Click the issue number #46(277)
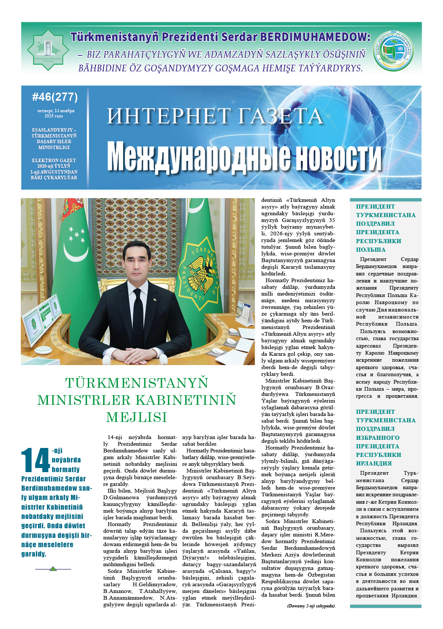(x=55, y=97)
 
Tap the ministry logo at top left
(x=48, y=50)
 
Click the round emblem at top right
(x=393, y=50)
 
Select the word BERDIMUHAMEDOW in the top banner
(x=315, y=37)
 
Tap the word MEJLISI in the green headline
(x=137, y=417)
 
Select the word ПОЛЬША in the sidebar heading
(x=370, y=249)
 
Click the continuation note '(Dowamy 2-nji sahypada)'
(x=311, y=606)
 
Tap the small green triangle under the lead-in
(x=53, y=569)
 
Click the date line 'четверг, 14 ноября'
(x=56, y=111)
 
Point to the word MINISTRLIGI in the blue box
(x=54, y=148)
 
